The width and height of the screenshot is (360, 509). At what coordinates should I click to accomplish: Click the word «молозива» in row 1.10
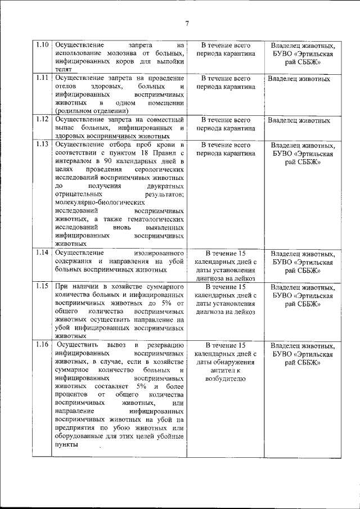tap(114, 54)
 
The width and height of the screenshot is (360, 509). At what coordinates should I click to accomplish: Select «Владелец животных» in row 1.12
tap(299, 120)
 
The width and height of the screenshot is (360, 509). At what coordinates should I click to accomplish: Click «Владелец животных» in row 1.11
tap(299, 79)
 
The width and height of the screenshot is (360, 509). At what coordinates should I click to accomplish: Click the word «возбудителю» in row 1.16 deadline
tap(226, 380)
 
